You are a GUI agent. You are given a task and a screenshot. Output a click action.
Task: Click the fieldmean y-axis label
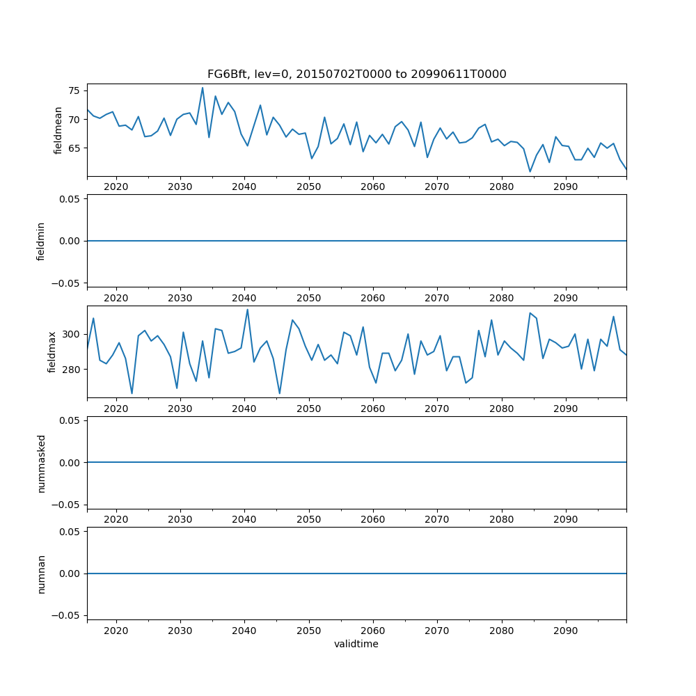(x=58, y=130)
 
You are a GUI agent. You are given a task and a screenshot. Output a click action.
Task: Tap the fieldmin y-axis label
(x=41, y=241)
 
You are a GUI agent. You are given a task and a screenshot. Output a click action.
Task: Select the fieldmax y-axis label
(x=52, y=351)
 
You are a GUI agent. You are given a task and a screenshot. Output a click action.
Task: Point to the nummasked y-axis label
(x=41, y=463)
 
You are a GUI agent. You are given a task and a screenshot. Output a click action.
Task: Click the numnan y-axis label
(x=41, y=574)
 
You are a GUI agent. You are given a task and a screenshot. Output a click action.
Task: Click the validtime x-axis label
(x=356, y=644)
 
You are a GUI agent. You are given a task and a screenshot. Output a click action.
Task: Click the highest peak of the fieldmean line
(x=203, y=88)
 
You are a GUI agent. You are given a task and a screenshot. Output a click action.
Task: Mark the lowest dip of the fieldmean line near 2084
(x=530, y=171)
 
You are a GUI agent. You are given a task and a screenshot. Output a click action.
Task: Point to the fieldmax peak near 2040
(x=247, y=310)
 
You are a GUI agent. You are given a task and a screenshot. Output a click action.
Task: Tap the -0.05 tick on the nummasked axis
(x=68, y=505)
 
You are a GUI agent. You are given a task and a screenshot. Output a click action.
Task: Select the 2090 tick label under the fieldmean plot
(x=565, y=187)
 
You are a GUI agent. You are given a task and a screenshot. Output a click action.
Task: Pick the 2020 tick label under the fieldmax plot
(x=116, y=409)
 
